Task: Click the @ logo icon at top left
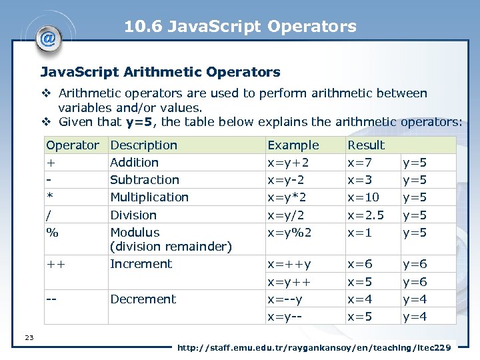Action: pyautogui.click(x=48, y=38)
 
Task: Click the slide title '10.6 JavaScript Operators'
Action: pyautogui.click(x=240, y=27)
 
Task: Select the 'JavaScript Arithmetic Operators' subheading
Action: pyautogui.click(x=160, y=71)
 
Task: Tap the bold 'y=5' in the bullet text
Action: pyautogui.click(x=141, y=121)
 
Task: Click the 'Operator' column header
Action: pyautogui.click(x=72, y=145)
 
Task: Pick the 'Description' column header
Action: pyautogui.click(x=143, y=145)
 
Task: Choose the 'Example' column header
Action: pyautogui.click(x=293, y=145)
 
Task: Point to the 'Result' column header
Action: pyautogui.click(x=366, y=145)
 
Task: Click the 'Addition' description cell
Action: pyautogui.click(x=134, y=163)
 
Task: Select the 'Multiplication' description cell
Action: pyautogui.click(x=149, y=197)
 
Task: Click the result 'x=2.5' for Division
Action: pyautogui.click(x=365, y=215)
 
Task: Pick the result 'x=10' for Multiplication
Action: pyautogui.click(x=363, y=197)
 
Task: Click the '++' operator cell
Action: pyautogui.click(x=55, y=264)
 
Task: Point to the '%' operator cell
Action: pyautogui.click(x=52, y=233)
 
